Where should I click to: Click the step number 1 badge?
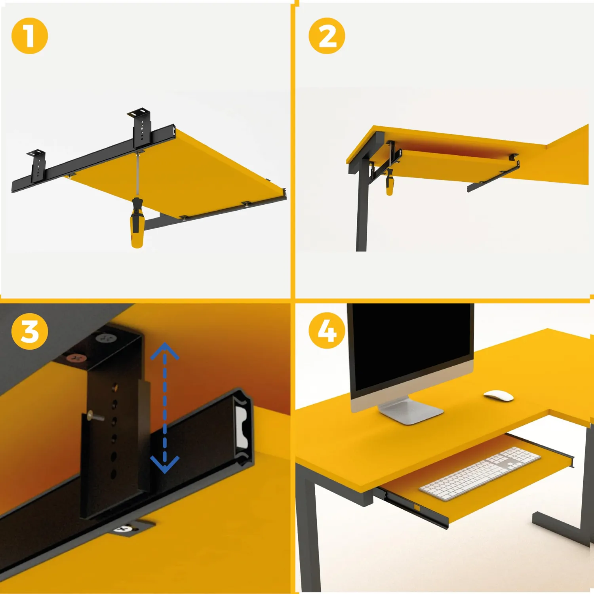pyautogui.click(x=30, y=36)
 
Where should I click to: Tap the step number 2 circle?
pyautogui.click(x=327, y=36)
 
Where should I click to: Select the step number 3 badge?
pyautogui.click(x=30, y=331)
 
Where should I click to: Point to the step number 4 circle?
pyautogui.click(x=327, y=330)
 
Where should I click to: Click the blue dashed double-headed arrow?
pyautogui.click(x=165, y=408)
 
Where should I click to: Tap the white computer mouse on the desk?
pyautogui.click(x=499, y=395)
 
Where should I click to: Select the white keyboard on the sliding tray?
pyautogui.click(x=480, y=473)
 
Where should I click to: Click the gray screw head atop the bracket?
pyautogui.click(x=106, y=339)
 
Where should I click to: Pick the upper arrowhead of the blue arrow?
pyautogui.click(x=165, y=351)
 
